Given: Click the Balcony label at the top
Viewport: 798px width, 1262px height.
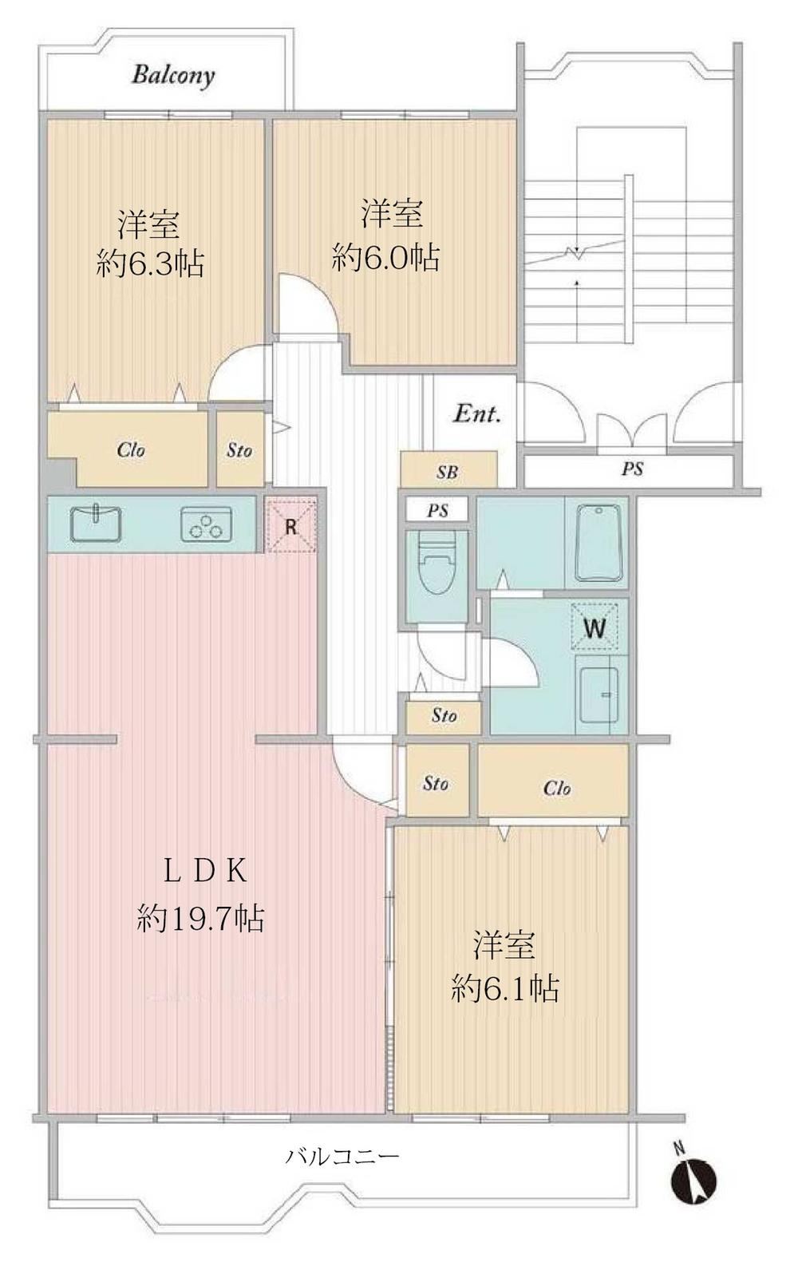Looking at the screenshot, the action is [x=173, y=76].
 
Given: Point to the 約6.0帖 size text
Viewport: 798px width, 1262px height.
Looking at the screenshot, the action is [x=385, y=258].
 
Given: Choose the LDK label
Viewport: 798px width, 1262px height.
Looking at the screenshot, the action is [x=206, y=872].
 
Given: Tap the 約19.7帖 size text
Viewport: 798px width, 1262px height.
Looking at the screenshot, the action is [x=200, y=919].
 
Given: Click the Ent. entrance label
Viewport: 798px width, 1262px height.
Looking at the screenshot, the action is [x=476, y=414].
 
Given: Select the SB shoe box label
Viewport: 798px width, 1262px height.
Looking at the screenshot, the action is [x=447, y=472].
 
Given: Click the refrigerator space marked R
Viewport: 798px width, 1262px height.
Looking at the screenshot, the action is [x=291, y=526].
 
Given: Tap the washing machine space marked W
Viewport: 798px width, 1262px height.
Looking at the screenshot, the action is [x=595, y=627].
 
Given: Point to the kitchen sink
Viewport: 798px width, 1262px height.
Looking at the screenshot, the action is [x=96, y=524].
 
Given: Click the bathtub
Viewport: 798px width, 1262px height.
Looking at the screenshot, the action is [x=598, y=543].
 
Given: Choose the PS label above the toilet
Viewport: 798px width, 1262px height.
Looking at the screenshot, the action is [x=437, y=510].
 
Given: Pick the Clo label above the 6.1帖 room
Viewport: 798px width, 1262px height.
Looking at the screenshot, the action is [x=557, y=788].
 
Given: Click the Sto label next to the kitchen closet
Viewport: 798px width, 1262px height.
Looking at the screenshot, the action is [x=239, y=450].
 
